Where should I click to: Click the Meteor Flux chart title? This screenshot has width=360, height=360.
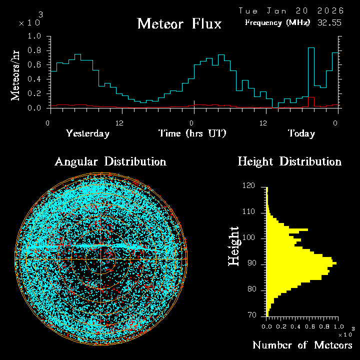(x=179, y=23)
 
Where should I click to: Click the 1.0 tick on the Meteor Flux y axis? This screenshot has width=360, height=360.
(x=35, y=36)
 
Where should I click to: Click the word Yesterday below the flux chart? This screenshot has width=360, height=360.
(x=87, y=133)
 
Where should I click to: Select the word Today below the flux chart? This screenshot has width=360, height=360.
(x=301, y=133)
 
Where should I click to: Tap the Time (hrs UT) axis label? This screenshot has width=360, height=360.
(x=192, y=133)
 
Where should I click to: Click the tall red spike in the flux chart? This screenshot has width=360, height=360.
(x=311, y=102)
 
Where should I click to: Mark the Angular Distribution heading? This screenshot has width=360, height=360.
(x=110, y=161)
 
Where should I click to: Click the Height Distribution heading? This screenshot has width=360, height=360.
(x=289, y=161)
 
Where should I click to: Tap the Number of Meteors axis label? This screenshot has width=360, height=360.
(x=302, y=345)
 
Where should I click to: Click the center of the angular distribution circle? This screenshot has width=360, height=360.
(x=101, y=259)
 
